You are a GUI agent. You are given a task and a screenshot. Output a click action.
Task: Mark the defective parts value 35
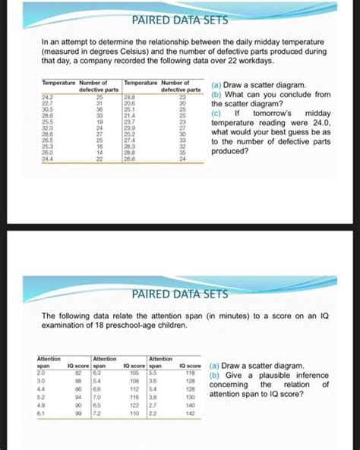click(x=182, y=153)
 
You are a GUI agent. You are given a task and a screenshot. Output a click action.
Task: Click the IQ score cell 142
click(x=189, y=415)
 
